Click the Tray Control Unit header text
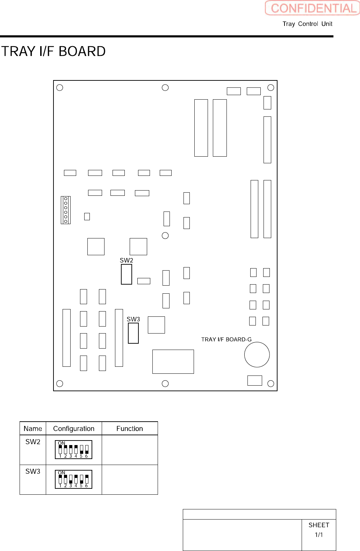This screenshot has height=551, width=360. (x=307, y=24)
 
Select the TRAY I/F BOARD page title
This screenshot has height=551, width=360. (x=53, y=51)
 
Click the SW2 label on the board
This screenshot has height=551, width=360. (x=126, y=260)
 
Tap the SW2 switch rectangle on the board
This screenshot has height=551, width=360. (x=127, y=274)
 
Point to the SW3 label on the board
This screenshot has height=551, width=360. (x=133, y=319)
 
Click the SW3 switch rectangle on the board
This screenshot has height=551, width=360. (x=133, y=333)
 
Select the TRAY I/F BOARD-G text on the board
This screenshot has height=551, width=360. (x=226, y=339)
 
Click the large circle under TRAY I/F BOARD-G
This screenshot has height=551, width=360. (x=257, y=355)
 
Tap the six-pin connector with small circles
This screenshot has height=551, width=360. (x=66, y=210)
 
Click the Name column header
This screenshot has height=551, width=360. (x=33, y=429)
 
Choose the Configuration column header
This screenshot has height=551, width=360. (x=74, y=429)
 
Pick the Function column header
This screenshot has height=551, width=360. (x=130, y=429)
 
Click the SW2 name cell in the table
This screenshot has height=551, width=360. (x=33, y=442)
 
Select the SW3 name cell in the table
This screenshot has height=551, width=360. (x=33, y=471)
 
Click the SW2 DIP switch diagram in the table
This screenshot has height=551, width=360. (x=73, y=450)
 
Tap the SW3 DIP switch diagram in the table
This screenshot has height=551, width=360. (x=73, y=479)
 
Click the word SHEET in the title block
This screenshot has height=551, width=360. (x=319, y=525)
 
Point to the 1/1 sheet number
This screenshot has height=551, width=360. (x=319, y=535)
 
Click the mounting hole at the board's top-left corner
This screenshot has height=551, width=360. (x=60, y=87)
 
